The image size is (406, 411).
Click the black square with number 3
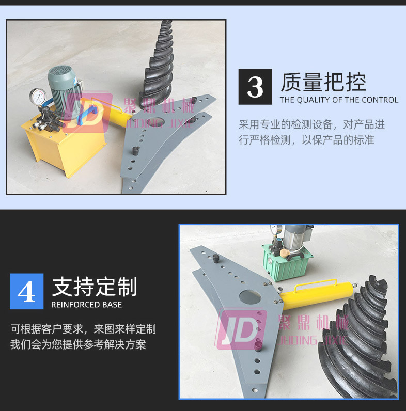(255, 87)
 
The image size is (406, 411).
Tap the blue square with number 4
(26, 291)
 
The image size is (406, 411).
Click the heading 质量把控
(323, 82)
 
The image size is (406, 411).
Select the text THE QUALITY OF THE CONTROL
(339, 100)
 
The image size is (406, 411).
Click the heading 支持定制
(95, 287)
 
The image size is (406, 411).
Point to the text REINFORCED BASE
(87, 305)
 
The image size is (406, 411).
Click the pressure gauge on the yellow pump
(38, 97)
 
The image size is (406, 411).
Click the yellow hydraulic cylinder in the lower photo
(318, 295)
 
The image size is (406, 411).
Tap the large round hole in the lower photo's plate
(250, 297)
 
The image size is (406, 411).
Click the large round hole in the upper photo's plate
(155, 122)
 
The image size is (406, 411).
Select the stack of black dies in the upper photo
(157, 66)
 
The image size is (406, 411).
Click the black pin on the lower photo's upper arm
(216, 259)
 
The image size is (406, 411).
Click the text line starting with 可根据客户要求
(83, 329)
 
